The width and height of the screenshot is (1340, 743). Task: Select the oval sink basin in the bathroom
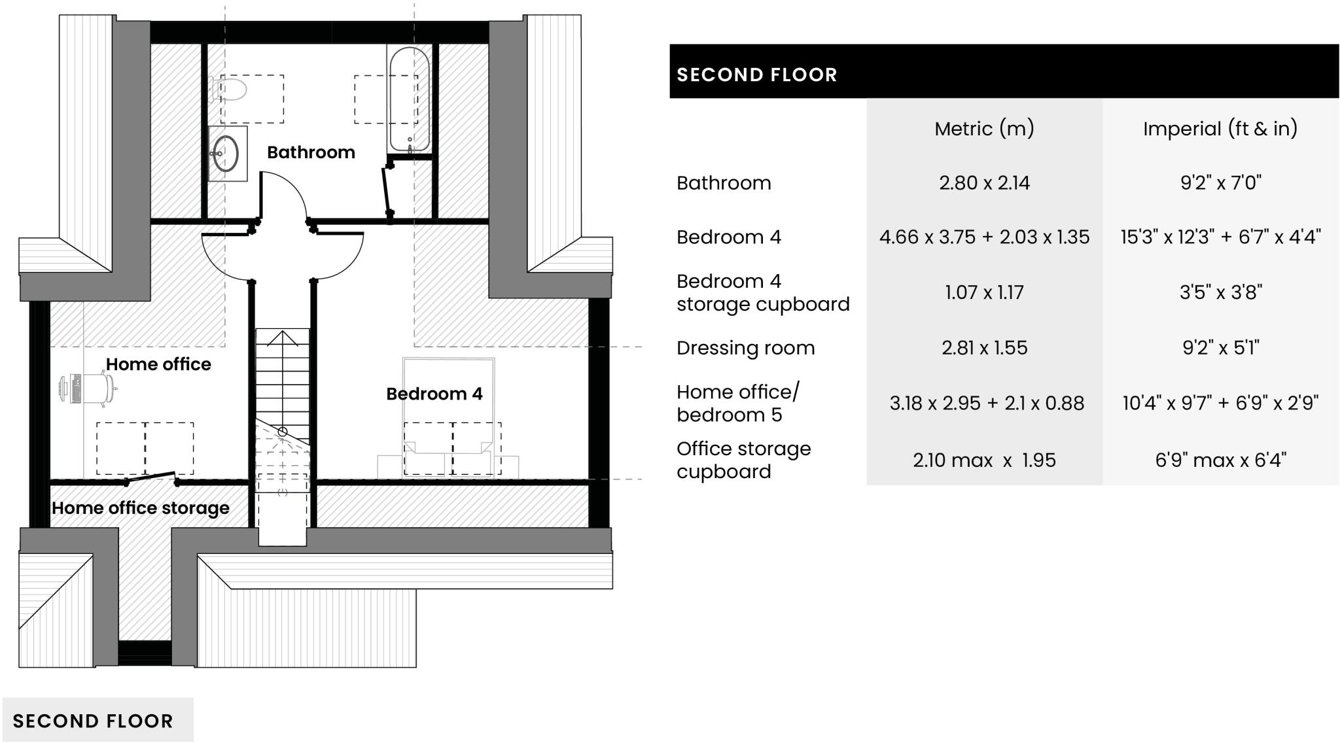point(226,154)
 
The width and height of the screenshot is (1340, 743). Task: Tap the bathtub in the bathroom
point(409,98)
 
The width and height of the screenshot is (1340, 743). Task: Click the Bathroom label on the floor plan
point(311,152)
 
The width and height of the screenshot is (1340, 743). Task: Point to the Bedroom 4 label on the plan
point(434,394)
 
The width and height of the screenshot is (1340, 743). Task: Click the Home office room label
point(158,364)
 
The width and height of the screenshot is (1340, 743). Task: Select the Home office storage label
point(140,508)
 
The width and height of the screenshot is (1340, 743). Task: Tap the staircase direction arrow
point(283,340)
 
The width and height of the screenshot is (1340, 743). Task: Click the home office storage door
point(151,478)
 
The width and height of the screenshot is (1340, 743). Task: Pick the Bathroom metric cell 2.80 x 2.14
point(984,183)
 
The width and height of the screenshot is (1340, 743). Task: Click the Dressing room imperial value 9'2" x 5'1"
point(1220,348)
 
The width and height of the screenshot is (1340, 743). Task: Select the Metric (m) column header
point(984,129)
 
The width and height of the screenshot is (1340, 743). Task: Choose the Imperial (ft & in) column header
point(1220,129)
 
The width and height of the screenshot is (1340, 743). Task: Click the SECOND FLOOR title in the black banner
point(756,75)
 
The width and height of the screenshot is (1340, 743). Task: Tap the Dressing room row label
point(745,348)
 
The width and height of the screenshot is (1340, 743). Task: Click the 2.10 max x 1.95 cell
point(984,460)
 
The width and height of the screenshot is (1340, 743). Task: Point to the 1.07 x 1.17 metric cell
point(984,292)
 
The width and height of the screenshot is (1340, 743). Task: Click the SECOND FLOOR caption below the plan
point(93,721)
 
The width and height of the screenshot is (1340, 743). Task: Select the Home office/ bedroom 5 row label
point(737,404)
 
